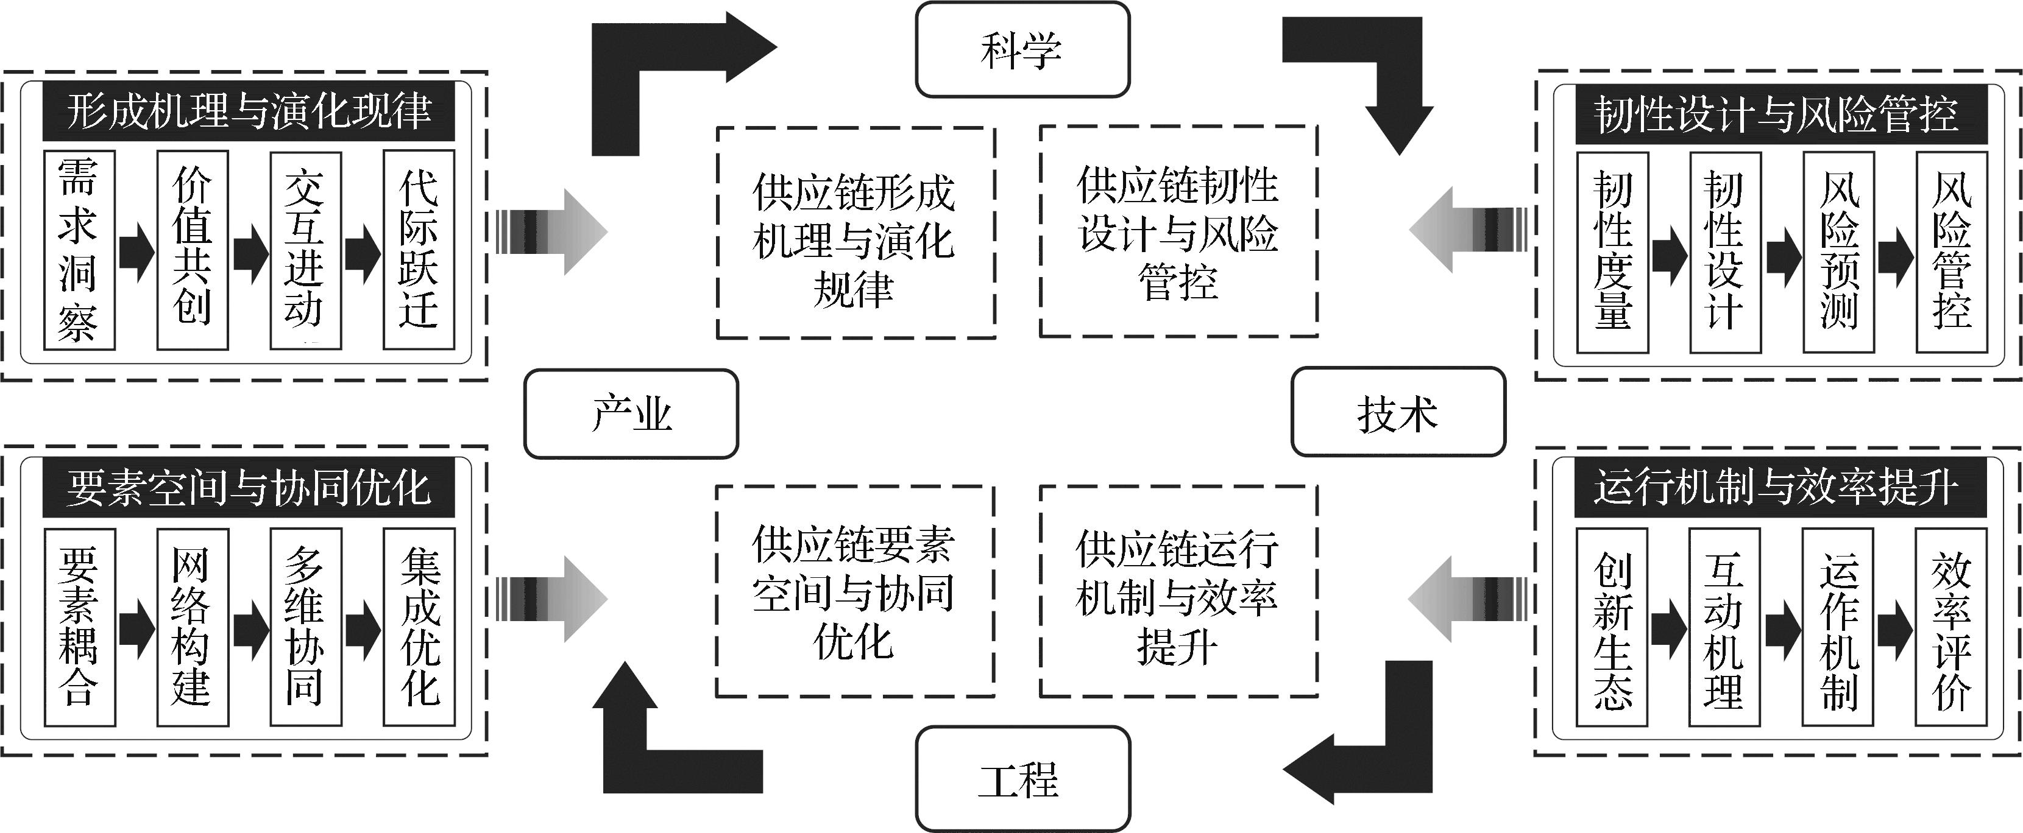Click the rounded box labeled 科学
(1022, 49)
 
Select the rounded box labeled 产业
(631, 413)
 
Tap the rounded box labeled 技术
(1398, 412)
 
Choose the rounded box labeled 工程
(1022, 779)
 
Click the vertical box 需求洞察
(79, 250)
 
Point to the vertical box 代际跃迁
(419, 250)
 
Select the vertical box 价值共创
(193, 250)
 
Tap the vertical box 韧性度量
(1612, 252)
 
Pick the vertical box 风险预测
(1838, 252)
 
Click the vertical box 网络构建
(193, 627)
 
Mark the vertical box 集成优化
(419, 627)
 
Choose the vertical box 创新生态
(1612, 627)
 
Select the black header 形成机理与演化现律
(248, 111)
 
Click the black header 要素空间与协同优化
(248, 488)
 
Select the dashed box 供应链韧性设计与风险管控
(1178, 231)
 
